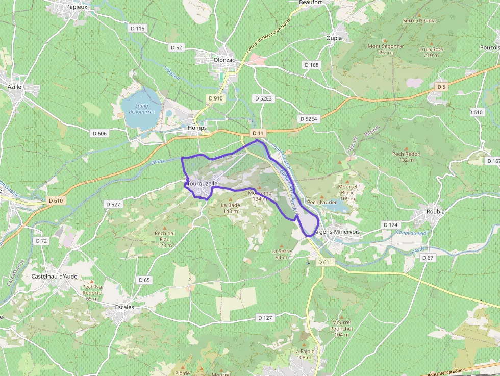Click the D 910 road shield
tap(216, 98)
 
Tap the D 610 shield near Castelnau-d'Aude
tap(56, 200)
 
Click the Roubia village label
tap(435, 211)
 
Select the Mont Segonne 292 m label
tap(385, 49)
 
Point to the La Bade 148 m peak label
tap(231, 208)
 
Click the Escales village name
tap(124, 307)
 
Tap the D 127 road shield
tap(265, 318)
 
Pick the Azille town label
tap(15, 87)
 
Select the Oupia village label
tap(334, 38)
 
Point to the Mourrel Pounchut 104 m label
tap(342, 328)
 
